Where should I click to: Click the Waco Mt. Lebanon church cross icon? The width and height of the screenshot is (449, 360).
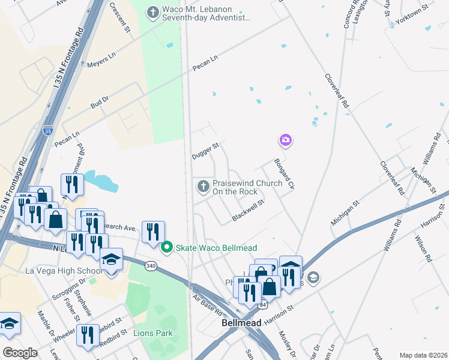point(154,12)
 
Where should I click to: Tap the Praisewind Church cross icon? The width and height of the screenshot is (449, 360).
point(203,187)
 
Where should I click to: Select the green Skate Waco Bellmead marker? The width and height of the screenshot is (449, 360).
point(169,247)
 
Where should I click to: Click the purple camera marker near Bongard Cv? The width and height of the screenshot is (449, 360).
point(286,140)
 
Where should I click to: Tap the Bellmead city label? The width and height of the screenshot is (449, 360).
point(241,323)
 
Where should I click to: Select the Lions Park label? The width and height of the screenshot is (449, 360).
point(153,333)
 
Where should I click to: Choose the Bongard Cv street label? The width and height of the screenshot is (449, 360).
point(283,173)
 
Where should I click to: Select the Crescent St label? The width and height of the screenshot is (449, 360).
point(119,17)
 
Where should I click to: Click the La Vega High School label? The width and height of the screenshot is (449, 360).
point(64,271)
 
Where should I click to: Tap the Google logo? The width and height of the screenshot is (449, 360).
point(20,353)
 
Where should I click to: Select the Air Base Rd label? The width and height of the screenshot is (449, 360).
point(208,305)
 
